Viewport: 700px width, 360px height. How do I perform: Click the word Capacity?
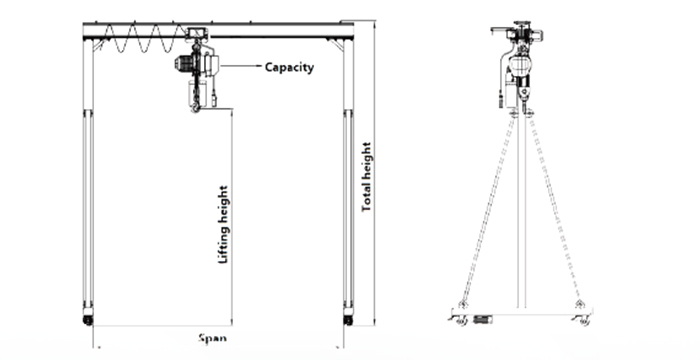click(x=290, y=68)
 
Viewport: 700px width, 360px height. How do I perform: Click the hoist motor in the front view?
click(x=185, y=64)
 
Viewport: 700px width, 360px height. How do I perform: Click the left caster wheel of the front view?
click(x=87, y=320)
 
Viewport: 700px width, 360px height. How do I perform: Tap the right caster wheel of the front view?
click(x=347, y=320)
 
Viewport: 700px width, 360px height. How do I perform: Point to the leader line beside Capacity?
click(x=241, y=66)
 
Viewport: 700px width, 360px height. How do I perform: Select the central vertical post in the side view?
click(x=519, y=210)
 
